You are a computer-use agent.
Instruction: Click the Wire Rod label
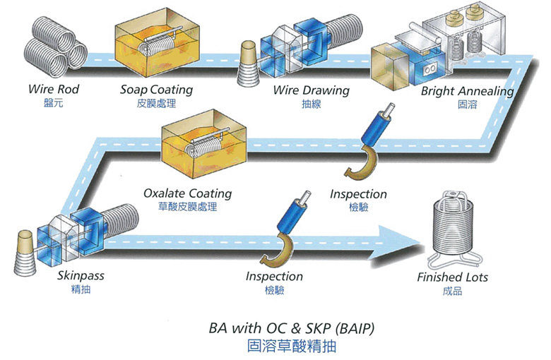click(54, 89)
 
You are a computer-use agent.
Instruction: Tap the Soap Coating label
click(156, 90)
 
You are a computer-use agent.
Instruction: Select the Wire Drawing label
click(312, 90)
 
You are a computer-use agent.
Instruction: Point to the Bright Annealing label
click(468, 91)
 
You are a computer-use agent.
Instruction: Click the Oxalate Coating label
click(188, 193)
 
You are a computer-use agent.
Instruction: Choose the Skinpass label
click(81, 276)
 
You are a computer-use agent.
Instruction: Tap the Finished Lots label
click(452, 277)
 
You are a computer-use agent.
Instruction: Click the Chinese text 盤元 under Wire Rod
click(54, 103)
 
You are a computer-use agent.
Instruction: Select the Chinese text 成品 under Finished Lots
click(452, 291)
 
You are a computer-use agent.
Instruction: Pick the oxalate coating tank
click(204, 144)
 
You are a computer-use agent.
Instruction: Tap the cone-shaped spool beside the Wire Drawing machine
click(248, 64)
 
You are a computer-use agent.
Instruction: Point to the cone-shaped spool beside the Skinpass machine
click(25, 252)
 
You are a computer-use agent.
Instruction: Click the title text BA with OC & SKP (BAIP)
click(292, 328)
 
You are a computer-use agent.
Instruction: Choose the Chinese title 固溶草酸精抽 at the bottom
click(292, 346)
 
